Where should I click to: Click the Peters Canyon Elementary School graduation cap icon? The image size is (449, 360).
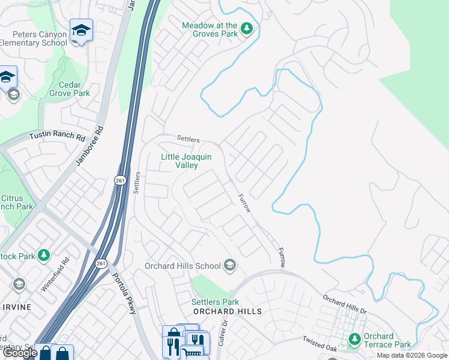point(80,30)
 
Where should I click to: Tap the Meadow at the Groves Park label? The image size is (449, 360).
point(211,29)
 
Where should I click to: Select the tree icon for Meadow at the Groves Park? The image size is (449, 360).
point(246,28)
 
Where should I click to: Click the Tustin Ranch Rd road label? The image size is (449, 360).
point(58,136)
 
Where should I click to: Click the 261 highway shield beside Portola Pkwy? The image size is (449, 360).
point(101,263)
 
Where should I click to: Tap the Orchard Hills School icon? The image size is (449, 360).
point(229,265)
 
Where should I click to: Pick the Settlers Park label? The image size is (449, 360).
point(215,302)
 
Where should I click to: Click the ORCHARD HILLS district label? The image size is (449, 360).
point(228,311)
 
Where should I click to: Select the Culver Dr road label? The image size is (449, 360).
point(226,331)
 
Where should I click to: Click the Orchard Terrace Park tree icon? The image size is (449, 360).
point(355,340)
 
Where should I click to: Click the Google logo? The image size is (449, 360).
point(20,353)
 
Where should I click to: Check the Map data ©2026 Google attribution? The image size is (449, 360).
point(411,355)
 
